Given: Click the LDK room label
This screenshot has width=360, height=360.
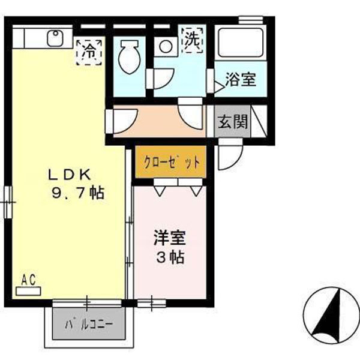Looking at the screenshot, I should tap(69, 175).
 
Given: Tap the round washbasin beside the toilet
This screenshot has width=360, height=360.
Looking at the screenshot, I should tap(164, 46).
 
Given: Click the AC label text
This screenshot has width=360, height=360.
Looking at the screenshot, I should tap(28, 279).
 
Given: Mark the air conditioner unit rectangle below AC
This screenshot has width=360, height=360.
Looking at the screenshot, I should tap(28, 291).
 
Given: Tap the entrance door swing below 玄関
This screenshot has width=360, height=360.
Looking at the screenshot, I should tap(228, 157).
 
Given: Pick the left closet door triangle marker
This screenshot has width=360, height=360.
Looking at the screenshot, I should tap(160, 191).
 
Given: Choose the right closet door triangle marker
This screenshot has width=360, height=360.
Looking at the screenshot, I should tap(196, 191).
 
